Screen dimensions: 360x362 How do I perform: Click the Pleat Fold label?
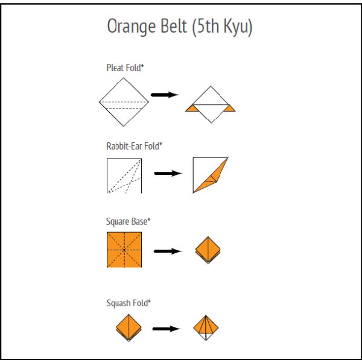tap(125, 68)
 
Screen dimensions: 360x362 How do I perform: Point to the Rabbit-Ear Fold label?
tap(135, 145)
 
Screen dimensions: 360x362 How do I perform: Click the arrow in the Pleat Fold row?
tap(164, 95)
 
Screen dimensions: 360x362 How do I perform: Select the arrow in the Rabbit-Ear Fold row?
tap(168, 174)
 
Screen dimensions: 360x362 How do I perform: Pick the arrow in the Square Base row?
tap(168, 251)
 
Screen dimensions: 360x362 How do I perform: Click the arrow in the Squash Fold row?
tap(167, 329)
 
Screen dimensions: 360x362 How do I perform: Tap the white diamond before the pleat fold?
tap(124, 102)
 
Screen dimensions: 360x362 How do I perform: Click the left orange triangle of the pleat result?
tap(192, 108)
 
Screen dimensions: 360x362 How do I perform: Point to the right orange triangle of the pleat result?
tap(229, 108)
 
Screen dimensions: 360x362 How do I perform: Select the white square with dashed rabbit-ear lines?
tap(124, 175)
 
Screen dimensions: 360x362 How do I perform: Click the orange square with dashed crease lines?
tap(124, 250)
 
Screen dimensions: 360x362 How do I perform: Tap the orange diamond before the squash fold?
tap(129, 328)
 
